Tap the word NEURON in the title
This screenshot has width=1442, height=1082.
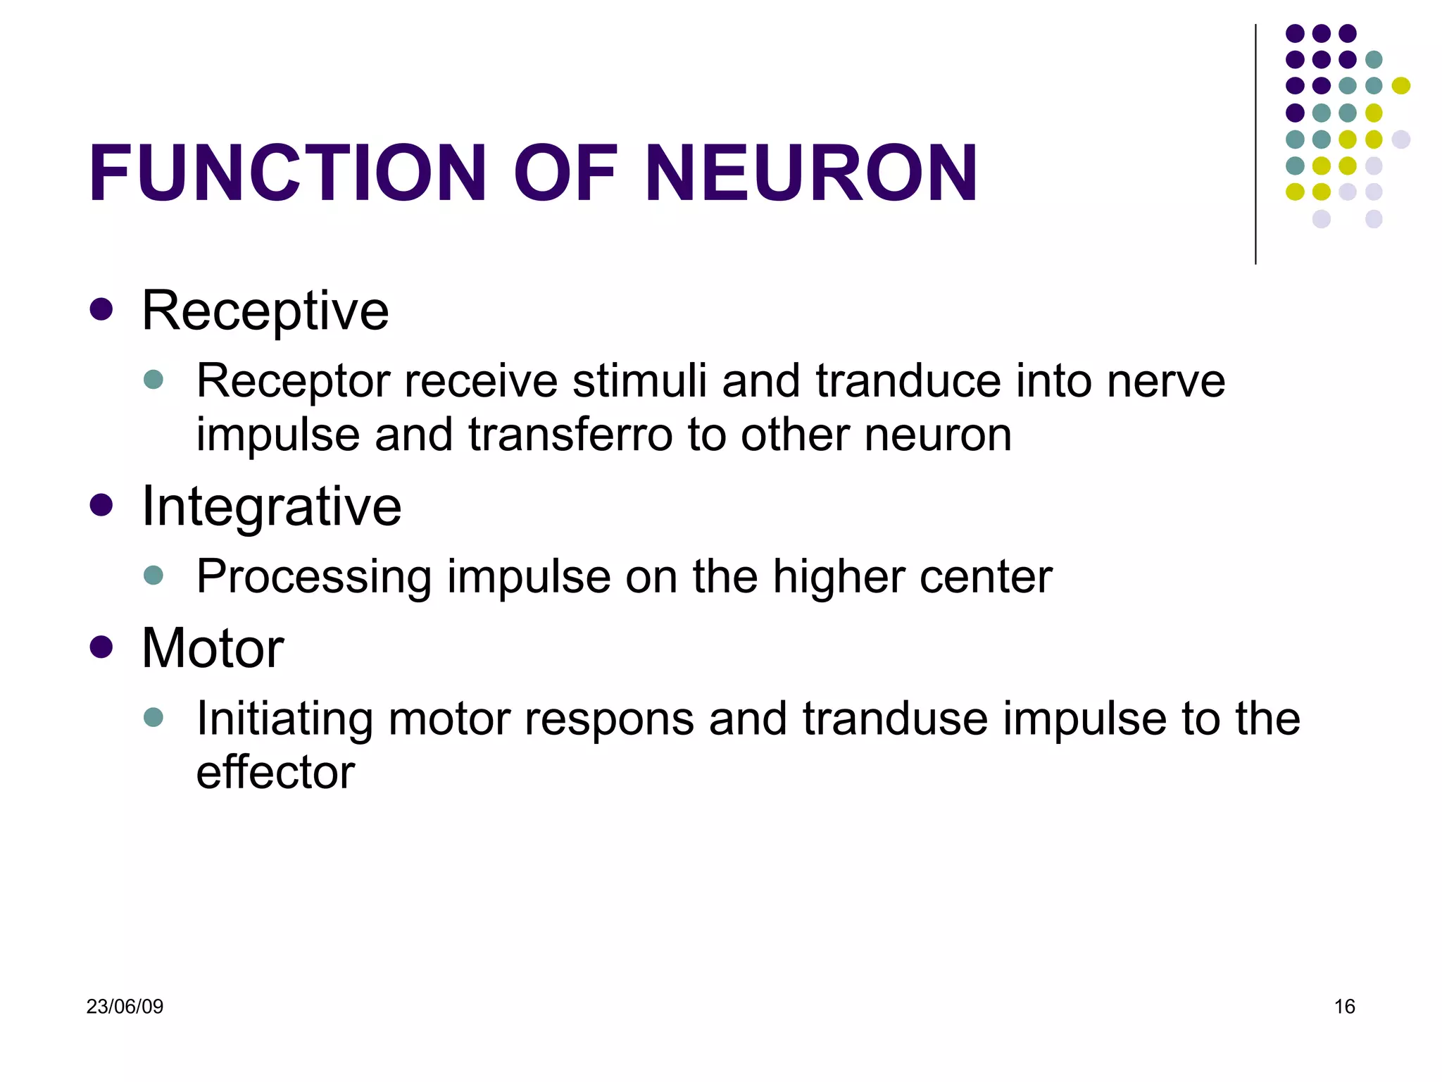tap(811, 173)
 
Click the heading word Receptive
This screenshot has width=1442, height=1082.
tap(265, 311)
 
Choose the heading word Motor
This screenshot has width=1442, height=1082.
tap(213, 648)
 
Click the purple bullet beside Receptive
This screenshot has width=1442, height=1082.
tap(101, 309)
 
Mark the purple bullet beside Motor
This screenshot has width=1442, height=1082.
tap(101, 647)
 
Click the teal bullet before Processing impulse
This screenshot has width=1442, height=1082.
tap(153, 576)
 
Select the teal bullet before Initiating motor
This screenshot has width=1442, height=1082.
tap(153, 718)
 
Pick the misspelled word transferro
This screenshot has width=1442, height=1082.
tap(570, 435)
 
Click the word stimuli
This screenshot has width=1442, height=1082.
tap(639, 381)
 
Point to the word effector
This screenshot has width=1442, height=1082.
tap(275, 772)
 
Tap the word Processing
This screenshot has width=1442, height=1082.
tap(314, 577)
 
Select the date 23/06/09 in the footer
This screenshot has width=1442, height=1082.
tap(125, 1007)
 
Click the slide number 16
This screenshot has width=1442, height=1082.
tap(1344, 1007)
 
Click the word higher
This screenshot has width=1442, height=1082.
tap(837, 577)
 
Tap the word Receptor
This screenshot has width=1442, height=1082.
tap(293, 381)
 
